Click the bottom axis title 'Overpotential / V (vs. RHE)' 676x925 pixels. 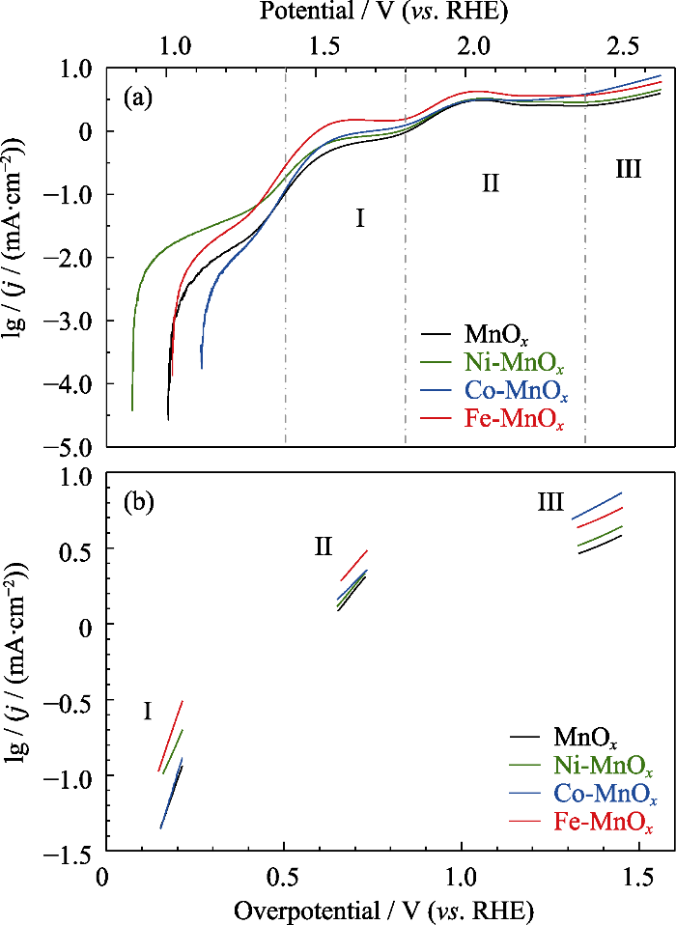(x=383, y=910)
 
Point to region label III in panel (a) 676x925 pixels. (x=628, y=172)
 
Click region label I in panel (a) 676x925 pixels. (x=359, y=219)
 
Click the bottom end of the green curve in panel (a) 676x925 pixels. (x=132, y=408)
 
